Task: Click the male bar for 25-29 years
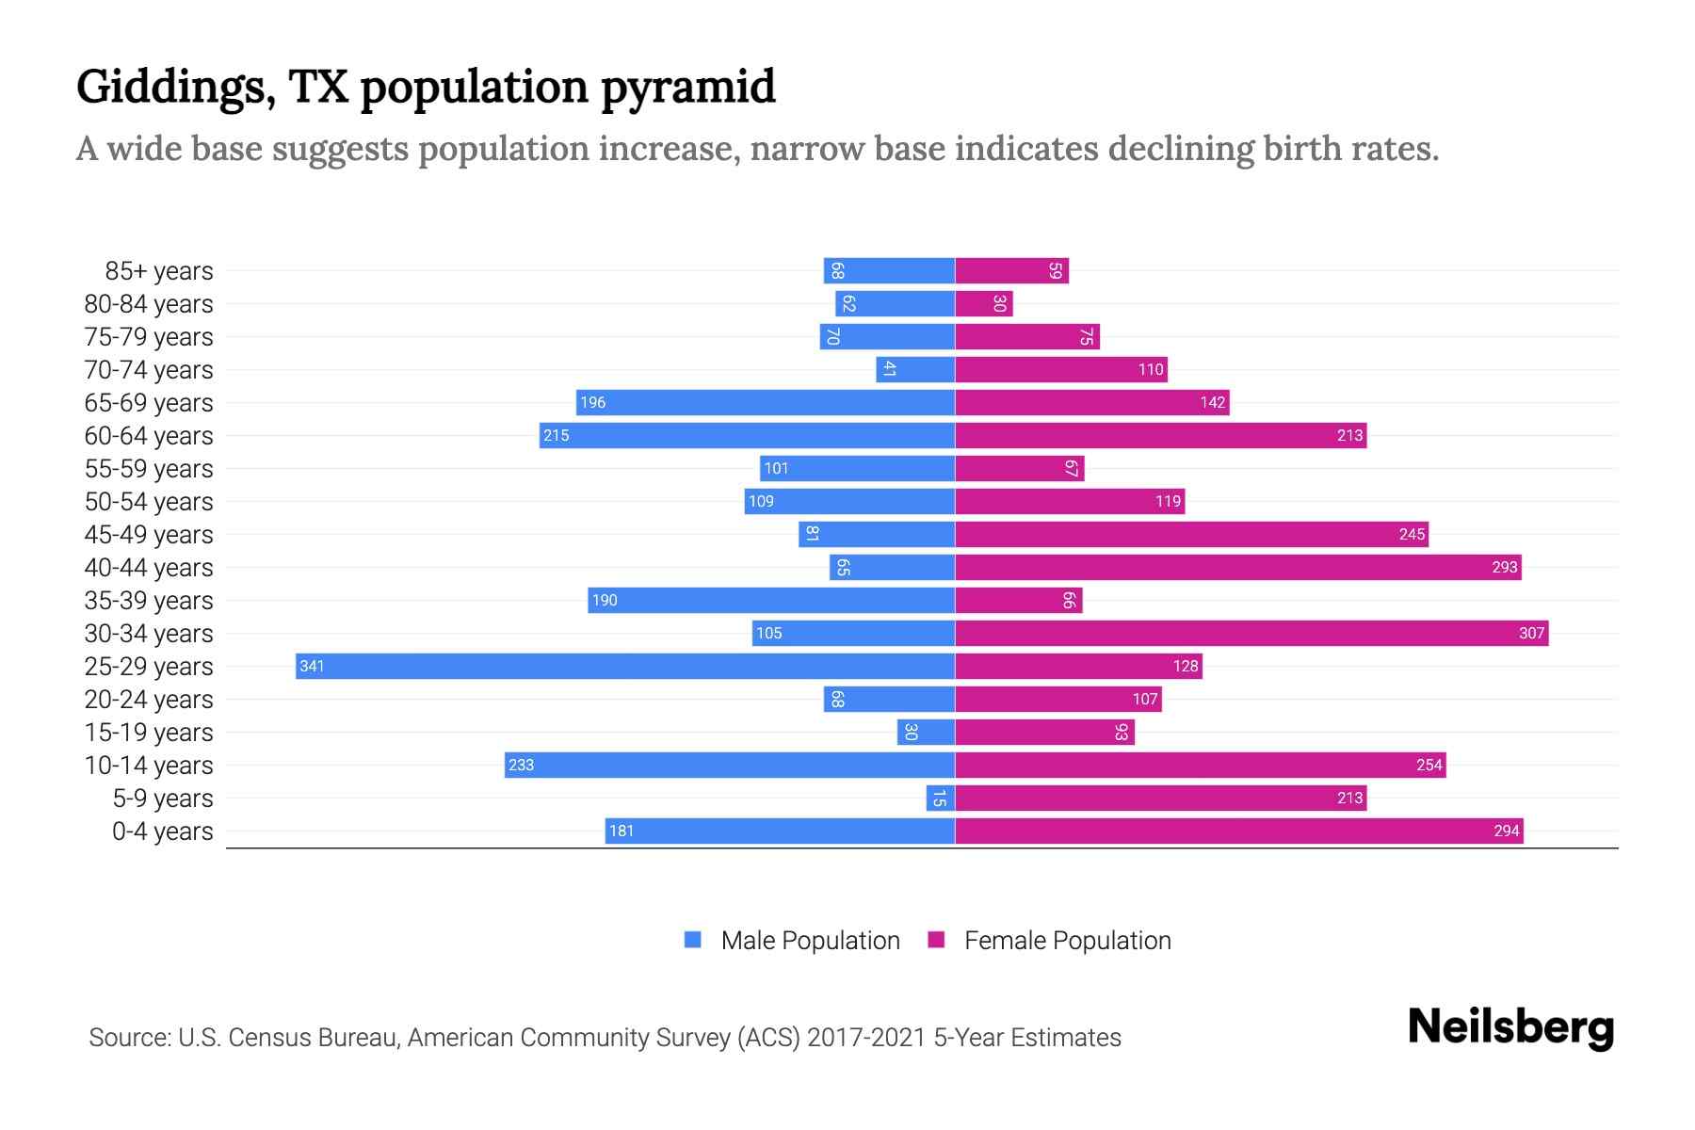click(x=625, y=666)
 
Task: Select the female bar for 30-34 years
click(x=1251, y=633)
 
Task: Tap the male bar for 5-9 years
click(x=941, y=798)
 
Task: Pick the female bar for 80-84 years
click(x=983, y=303)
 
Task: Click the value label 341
click(x=312, y=667)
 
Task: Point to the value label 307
click(x=1531, y=633)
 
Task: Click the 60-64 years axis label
click(x=149, y=436)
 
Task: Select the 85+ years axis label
click(x=159, y=271)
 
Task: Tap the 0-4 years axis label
click(x=162, y=831)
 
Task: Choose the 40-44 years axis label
click(x=149, y=568)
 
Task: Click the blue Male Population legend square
click(x=693, y=940)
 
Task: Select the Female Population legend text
click(x=1067, y=940)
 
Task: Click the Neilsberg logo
click(x=1510, y=1027)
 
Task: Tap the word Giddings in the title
click(x=175, y=88)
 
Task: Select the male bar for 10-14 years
click(x=730, y=765)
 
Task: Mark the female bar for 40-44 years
click(x=1238, y=567)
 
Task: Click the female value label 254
click(x=1429, y=765)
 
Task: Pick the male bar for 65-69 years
click(x=766, y=402)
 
